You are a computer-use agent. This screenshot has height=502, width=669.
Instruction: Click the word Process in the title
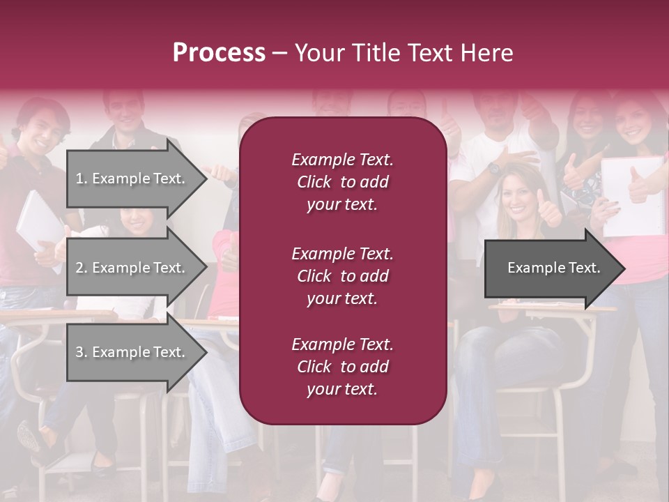[219, 53]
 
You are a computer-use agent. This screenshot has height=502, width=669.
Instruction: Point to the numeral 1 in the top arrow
[79, 178]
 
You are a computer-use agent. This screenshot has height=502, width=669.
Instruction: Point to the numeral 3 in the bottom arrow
[79, 352]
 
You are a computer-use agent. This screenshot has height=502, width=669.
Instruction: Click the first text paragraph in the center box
[342, 182]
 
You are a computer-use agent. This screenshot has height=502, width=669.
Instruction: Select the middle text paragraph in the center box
[342, 275]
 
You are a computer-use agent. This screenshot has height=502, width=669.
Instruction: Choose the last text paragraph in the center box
[342, 367]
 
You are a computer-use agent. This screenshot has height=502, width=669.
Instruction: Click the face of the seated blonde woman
[517, 196]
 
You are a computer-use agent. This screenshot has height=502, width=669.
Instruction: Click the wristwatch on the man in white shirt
[494, 168]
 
